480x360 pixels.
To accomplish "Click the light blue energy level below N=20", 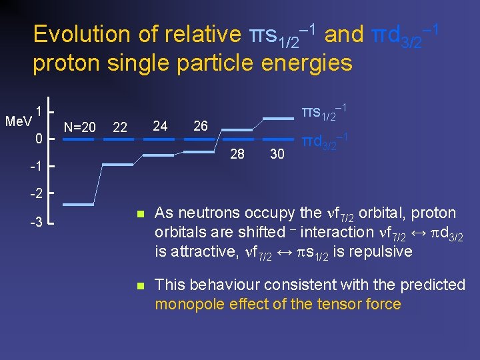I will coord(79,203).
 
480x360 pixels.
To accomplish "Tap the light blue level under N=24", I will coord(161,155).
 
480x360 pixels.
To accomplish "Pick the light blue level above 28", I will coord(237,129).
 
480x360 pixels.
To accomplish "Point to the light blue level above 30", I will coord(278,118).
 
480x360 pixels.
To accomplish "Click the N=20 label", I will coord(79,127).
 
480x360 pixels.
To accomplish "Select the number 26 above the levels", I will coord(200,125).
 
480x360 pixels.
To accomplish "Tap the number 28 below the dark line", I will coord(237,154).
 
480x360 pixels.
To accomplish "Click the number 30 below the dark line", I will coord(277,154).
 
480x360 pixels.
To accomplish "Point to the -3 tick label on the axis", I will coord(37,222).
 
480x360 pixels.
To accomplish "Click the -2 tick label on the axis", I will coord(37,193).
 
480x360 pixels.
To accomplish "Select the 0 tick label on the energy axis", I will coord(39,139).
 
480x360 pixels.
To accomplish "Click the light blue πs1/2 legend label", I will coord(327,113).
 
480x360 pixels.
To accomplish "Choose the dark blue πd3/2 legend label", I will coord(326,142).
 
